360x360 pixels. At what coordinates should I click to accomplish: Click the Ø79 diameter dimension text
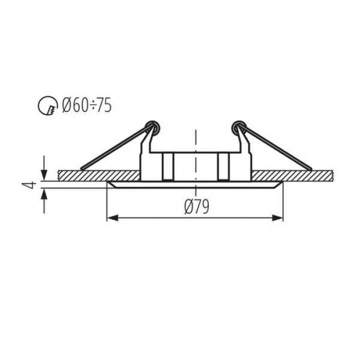click(x=197, y=207)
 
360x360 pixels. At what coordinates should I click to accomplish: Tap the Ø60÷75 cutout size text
click(x=87, y=105)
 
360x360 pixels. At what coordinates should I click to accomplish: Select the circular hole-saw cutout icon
click(x=47, y=105)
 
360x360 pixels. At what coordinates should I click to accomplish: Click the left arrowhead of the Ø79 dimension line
click(x=113, y=218)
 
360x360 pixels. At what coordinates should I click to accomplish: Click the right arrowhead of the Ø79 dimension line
click(x=277, y=218)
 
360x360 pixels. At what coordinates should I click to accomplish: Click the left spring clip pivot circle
click(x=153, y=127)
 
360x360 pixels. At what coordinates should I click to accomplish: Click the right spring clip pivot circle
click(x=239, y=127)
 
